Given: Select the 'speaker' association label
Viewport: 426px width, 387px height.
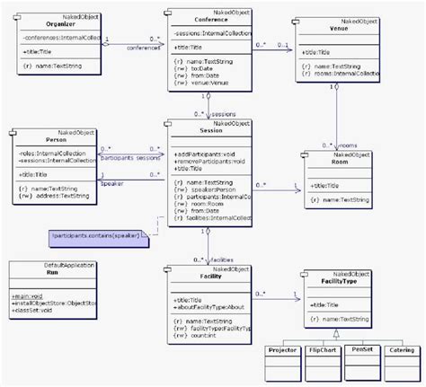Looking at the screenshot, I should (x=112, y=182).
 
